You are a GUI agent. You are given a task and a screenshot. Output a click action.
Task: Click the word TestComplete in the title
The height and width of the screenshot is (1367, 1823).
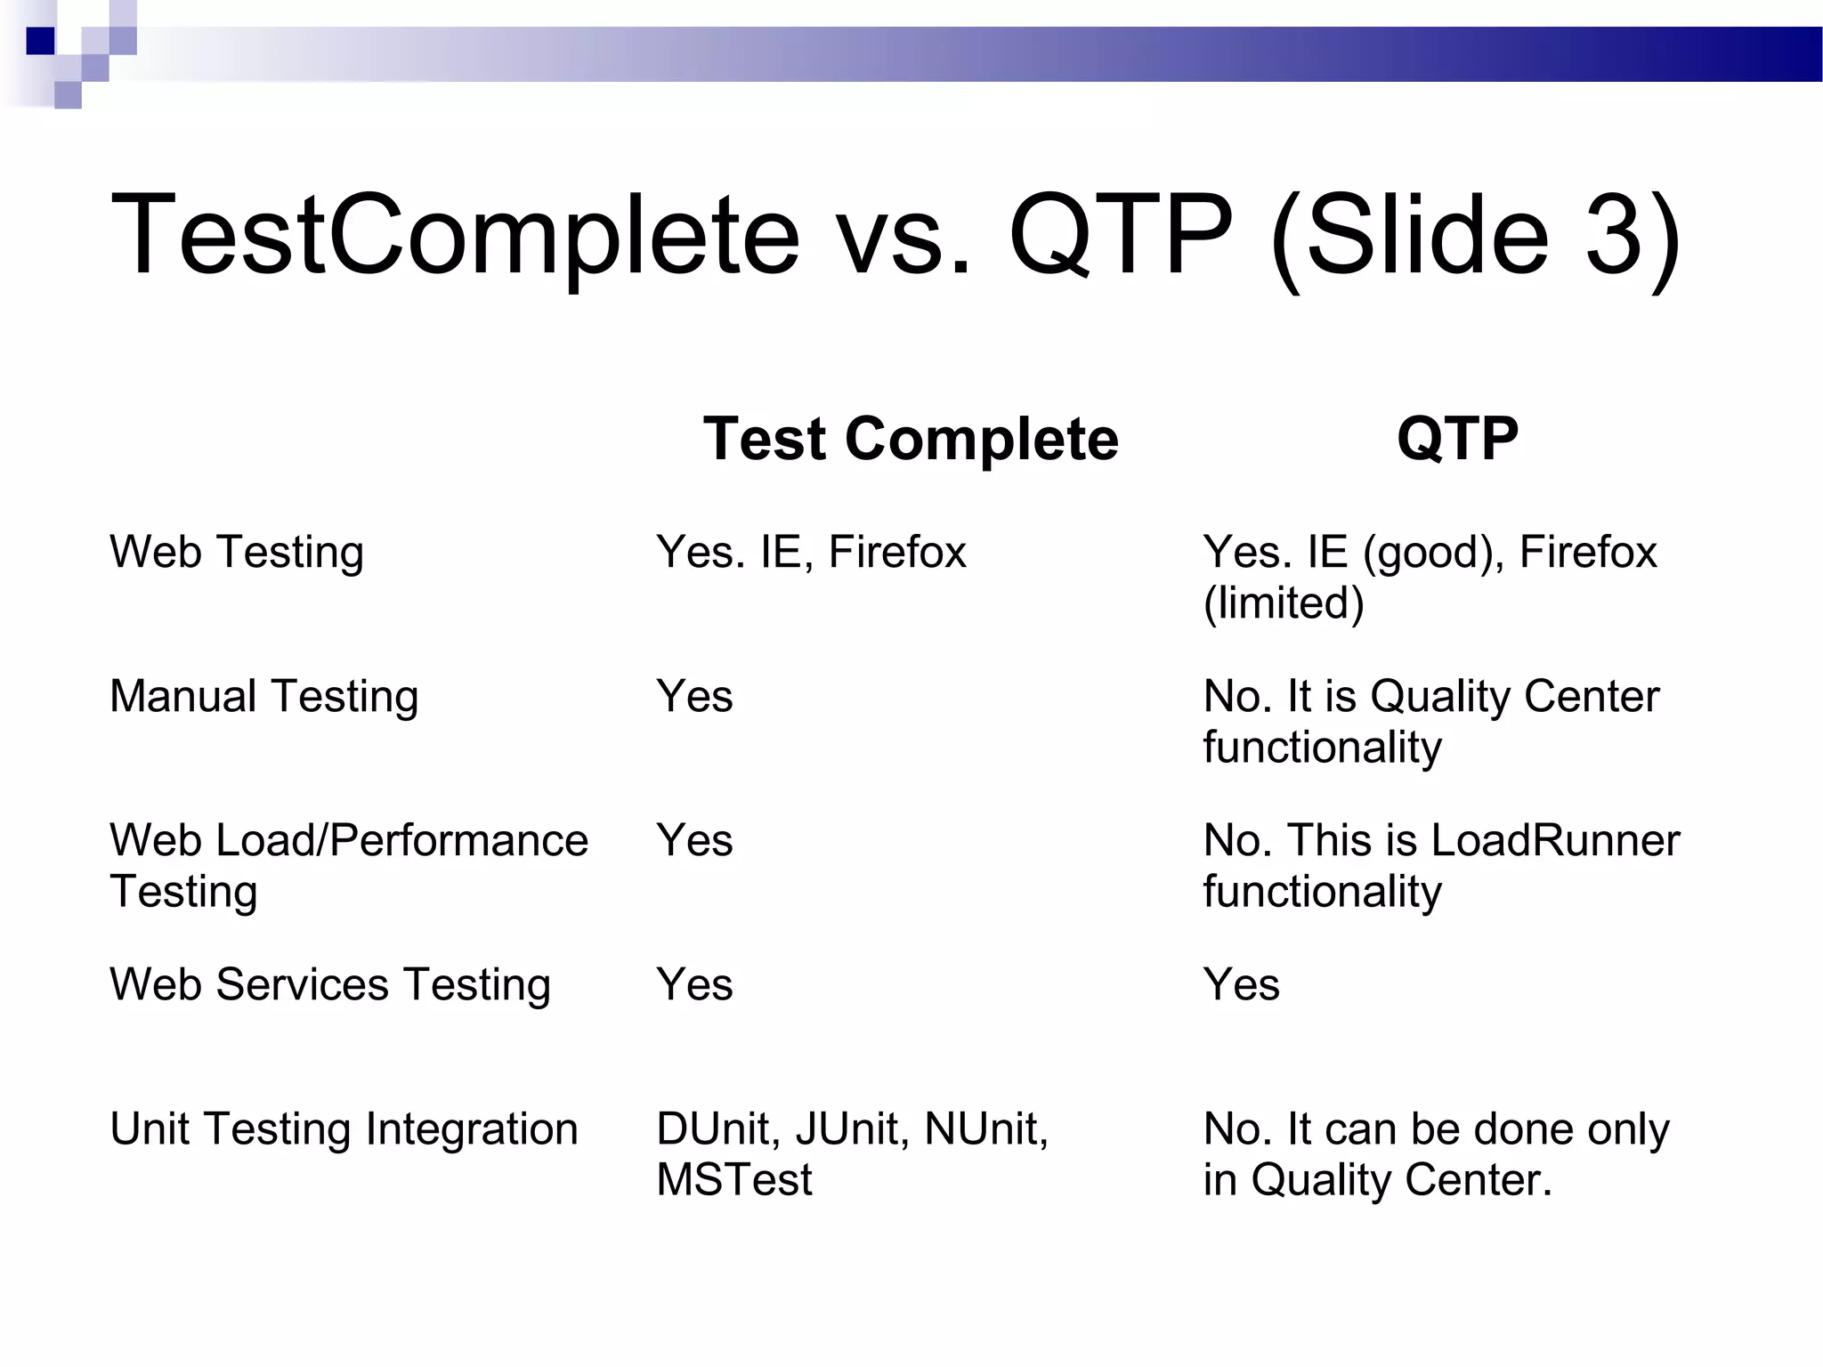(x=455, y=236)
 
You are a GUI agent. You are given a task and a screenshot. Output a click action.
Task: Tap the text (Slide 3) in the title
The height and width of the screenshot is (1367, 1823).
(x=1475, y=238)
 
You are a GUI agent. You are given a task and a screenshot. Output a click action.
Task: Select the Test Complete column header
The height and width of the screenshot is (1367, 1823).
(x=910, y=439)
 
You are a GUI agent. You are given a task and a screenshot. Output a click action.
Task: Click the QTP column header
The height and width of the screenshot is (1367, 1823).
(x=1457, y=439)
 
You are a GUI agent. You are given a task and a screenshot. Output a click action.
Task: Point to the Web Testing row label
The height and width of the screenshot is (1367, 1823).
(x=237, y=553)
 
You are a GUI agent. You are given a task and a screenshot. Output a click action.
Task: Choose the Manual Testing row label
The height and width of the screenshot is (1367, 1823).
(x=263, y=697)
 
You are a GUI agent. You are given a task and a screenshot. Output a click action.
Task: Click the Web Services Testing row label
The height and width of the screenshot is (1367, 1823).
(x=330, y=985)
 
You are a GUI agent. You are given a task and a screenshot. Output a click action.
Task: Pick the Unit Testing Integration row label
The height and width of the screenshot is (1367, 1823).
(x=344, y=1129)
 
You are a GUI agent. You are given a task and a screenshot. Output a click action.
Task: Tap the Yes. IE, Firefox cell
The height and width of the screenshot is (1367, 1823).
(x=811, y=553)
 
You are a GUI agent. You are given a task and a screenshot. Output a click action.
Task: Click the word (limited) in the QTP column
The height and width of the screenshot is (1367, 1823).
(x=1284, y=603)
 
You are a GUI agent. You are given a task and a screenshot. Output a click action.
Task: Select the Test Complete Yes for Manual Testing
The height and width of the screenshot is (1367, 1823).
(x=694, y=697)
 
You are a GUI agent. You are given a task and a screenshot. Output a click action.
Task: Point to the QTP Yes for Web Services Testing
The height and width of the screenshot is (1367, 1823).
(x=1241, y=985)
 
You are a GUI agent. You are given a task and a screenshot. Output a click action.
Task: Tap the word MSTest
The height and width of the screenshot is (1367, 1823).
(x=733, y=1180)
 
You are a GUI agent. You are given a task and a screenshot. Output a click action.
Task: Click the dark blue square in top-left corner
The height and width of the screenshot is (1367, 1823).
(x=40, y=41)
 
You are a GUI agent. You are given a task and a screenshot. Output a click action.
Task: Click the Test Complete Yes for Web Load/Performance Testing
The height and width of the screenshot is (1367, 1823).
(x=694, y=841)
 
